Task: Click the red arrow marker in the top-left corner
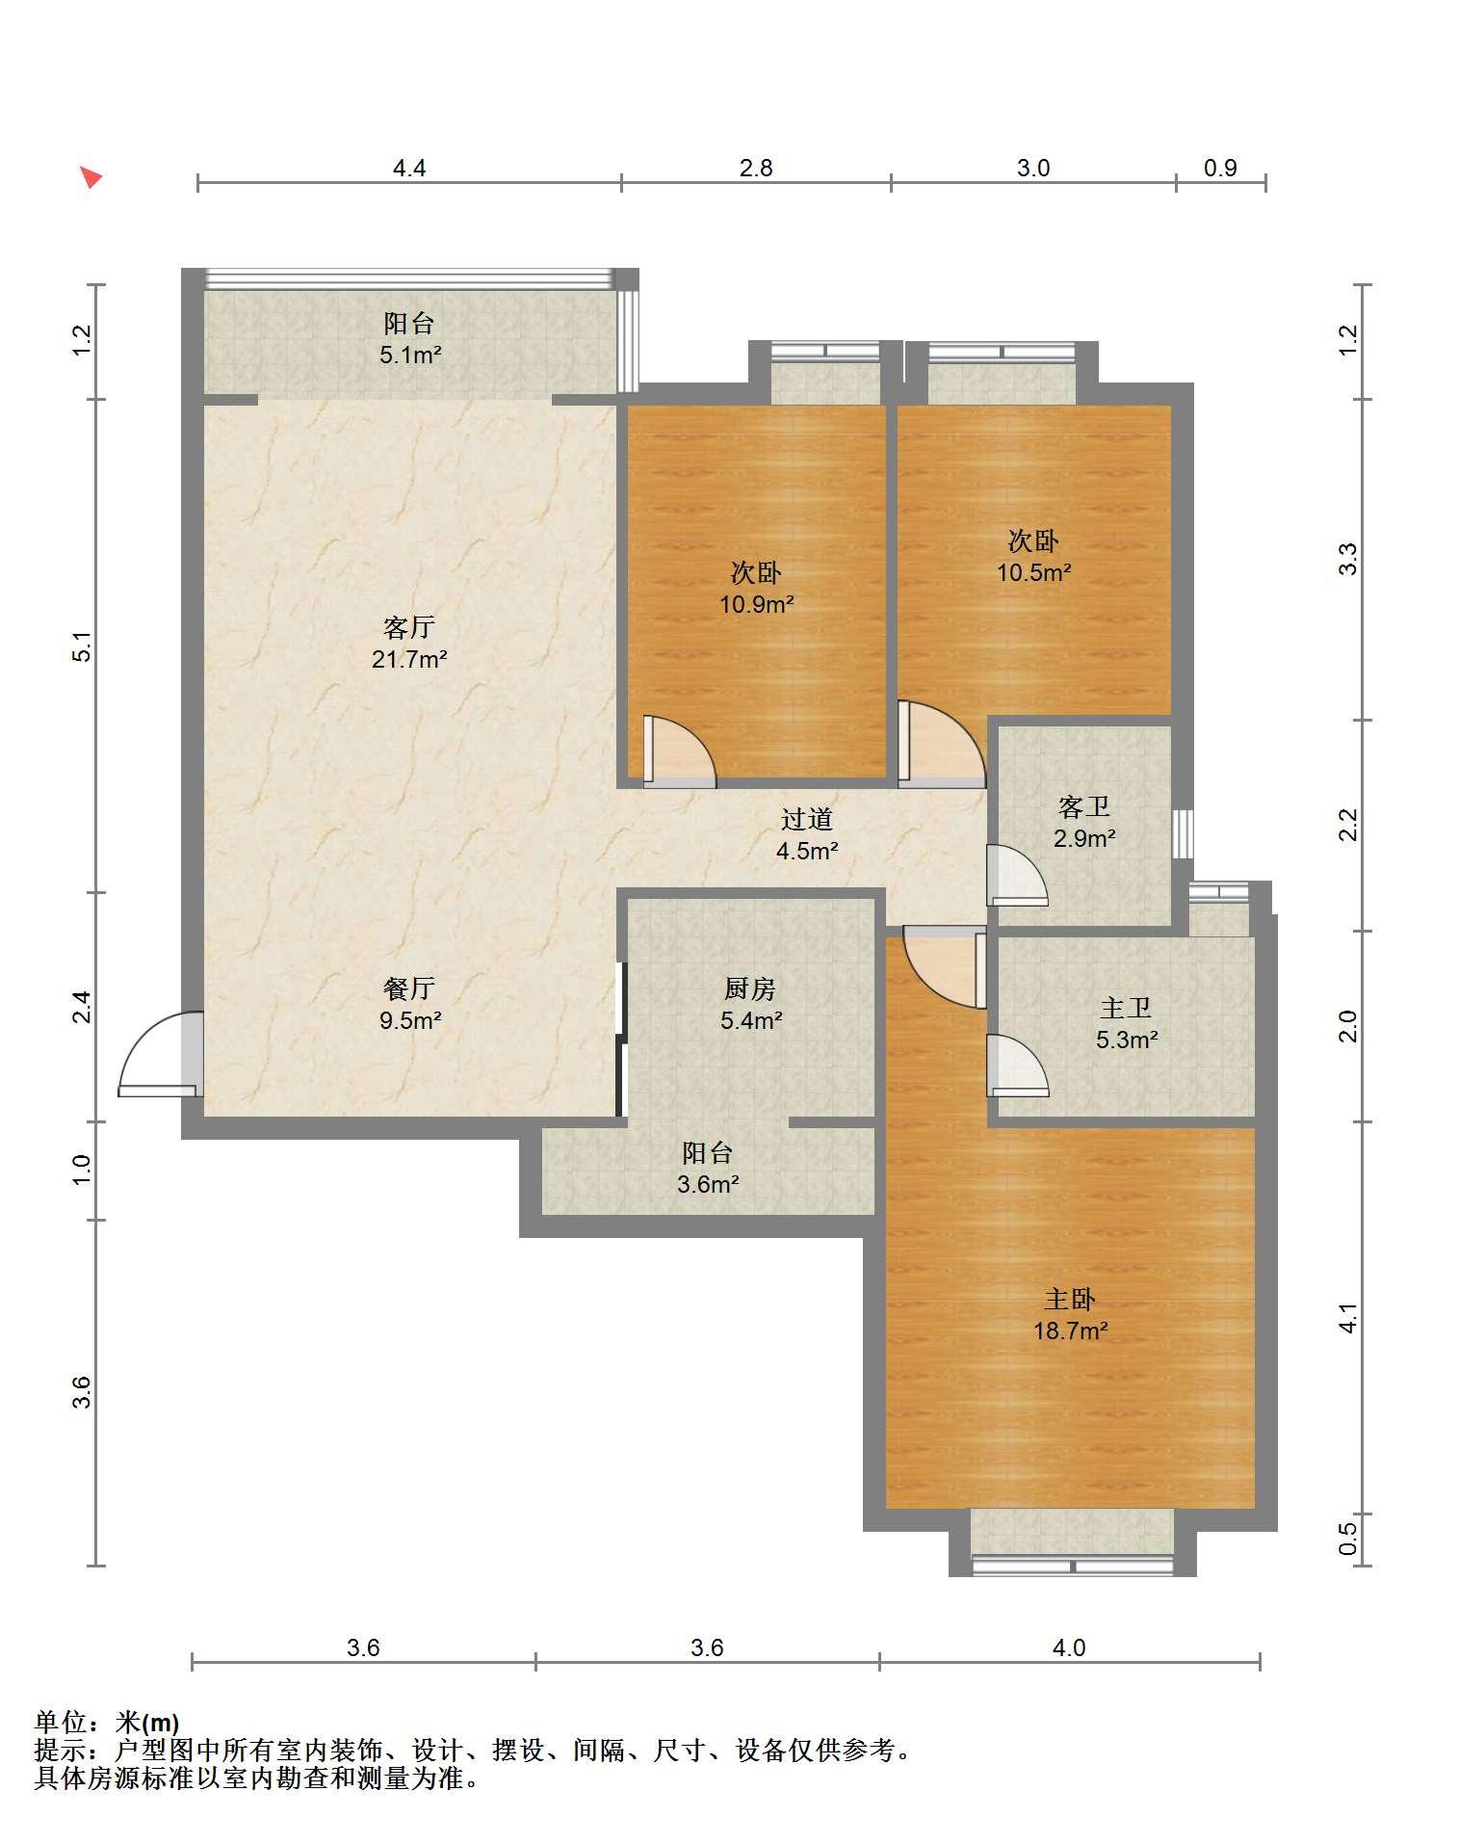coord(91,177)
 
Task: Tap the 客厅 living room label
coord(409,628)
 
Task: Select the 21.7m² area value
coord(409,660)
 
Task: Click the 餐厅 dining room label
coord(409,988)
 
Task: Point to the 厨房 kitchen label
coord(750,988)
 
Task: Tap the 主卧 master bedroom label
coord(1070,1300)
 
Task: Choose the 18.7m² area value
coord(1070,1331)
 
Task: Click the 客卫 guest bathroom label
coord(1084,806)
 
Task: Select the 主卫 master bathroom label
coord(1126,1009)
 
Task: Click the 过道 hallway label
coord(806,819)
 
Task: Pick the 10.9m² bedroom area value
coord(756,605)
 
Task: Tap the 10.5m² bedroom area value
coord(1033,573)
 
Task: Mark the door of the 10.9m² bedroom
coord(680,751)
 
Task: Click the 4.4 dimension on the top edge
coord(409,168)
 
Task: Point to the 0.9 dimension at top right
coord(1220,168)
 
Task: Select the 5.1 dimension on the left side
coord(83,645)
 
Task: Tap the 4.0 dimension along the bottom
coord(1068,1647)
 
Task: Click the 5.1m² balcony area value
coord(409,355)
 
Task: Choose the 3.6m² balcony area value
coord(708,1185)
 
